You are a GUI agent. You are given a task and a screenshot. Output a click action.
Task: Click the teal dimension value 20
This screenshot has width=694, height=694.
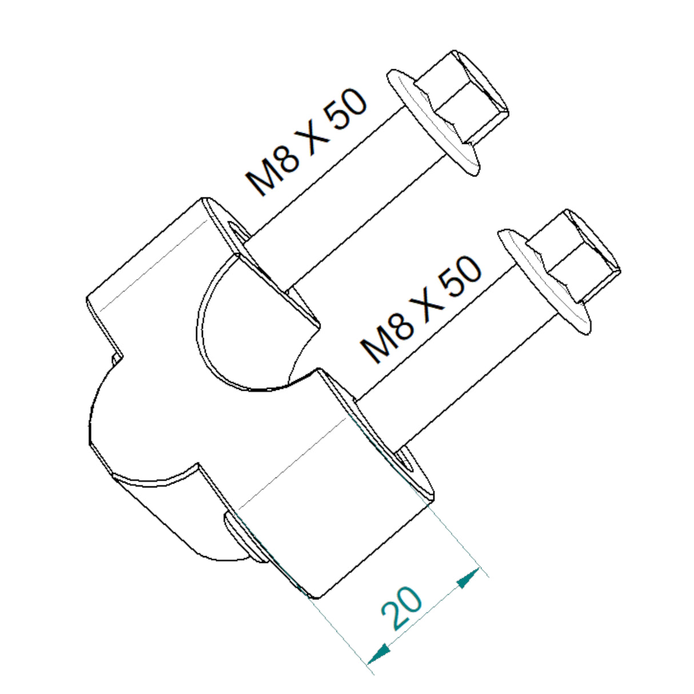pyautogui.click(x=402, y=607)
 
